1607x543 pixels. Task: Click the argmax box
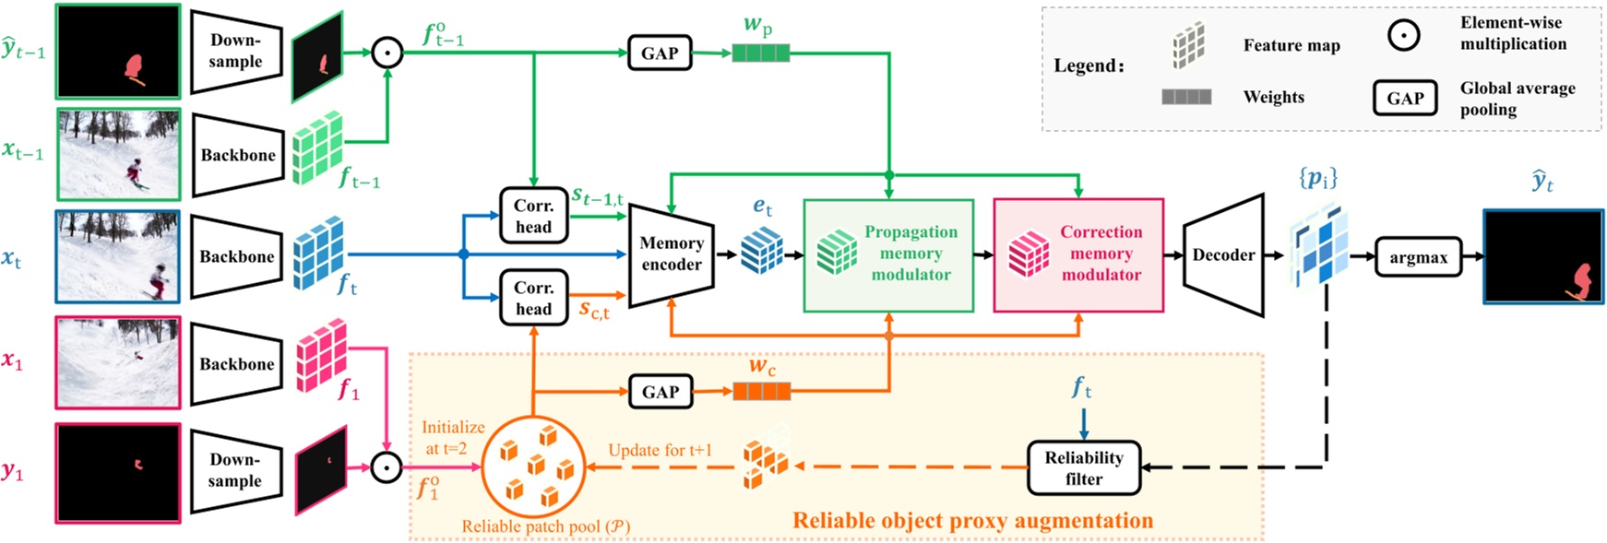tap(1418, 257)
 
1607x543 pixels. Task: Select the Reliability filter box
tap(1083, 467)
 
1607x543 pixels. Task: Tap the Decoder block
tap(1223, 255)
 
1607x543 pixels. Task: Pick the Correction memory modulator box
tap(1077, 254)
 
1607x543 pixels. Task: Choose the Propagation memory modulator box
tap(888, 254)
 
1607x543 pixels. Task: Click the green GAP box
tap(660, 53)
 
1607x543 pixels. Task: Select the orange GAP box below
tap(661, 392)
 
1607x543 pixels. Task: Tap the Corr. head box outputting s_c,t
tap(533, 298)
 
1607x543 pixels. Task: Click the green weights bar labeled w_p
tap(761, 53)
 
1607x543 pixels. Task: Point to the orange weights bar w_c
tap(762, 391)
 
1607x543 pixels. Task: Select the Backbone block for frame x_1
tap(237, 363)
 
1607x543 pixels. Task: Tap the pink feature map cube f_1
tap(321, 355)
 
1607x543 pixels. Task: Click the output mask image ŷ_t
tap(1542, 255)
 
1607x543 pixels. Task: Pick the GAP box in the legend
tap(1405, 99)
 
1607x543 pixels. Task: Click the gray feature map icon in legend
tap(1189, 46)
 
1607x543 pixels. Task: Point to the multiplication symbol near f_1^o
tap(387, 467)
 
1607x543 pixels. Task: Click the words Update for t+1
tap(660, 450)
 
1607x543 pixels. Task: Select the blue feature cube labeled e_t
tap(762, 251)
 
